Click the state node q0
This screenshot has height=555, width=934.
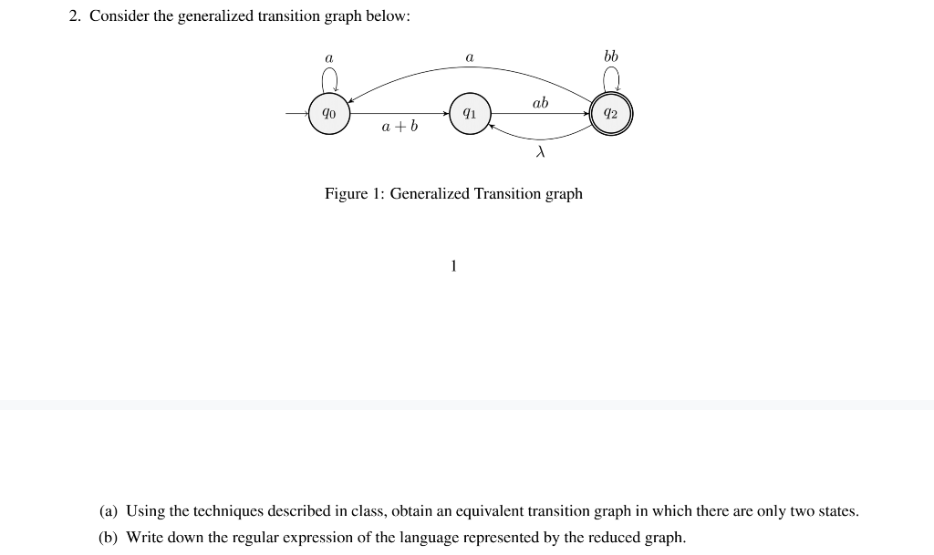point(328,114)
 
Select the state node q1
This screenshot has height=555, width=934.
point(470,114)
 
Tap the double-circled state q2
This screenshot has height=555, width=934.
point(610,114)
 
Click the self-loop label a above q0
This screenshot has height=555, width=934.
point(328,57)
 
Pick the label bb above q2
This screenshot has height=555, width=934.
point(610,57)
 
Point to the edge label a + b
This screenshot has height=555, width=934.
point(400,127)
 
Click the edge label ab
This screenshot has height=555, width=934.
point(540,103)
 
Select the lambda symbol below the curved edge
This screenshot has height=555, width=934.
point(540,153)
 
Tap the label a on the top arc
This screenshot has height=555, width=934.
point(469,57)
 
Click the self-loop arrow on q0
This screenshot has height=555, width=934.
point(328,79)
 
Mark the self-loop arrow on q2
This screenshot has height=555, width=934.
point(610,79)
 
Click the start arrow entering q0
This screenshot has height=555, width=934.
point(296,114)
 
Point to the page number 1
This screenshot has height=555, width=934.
point(453,266)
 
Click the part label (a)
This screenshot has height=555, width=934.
point(109,511)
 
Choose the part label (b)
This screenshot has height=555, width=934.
point(109,537)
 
